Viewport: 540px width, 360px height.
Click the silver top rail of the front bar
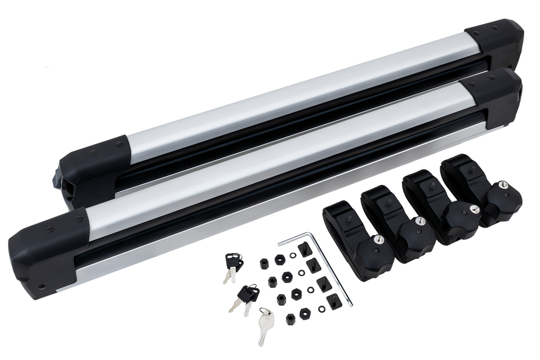click(264, 158)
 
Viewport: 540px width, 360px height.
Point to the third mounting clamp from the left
click(440, 211)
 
